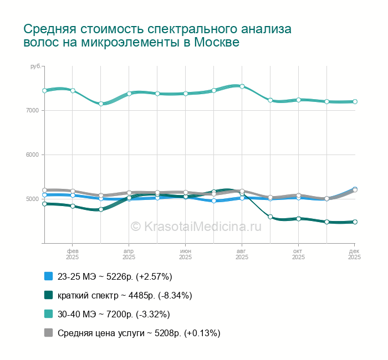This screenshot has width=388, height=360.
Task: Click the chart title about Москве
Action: coord(157,35)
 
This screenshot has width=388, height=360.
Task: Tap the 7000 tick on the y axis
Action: coord(32,111)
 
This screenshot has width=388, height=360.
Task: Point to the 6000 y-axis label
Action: coord(32,155)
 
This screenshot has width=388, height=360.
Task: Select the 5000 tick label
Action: coord(32,199)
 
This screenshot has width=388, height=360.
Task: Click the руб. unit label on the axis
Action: coord(35,66)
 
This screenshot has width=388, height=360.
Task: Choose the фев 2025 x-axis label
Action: coord(72,254)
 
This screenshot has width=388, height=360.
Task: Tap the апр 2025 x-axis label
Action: coord(129,254)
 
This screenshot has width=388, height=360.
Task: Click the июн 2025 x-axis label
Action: coord(185,254)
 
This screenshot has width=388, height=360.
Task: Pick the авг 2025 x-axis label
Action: coord(242,254)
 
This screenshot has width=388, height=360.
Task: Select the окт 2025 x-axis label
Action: coord(298,254)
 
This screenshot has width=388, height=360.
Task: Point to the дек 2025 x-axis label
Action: coord(354,254)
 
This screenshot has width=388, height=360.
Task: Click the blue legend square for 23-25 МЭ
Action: coord(48,276)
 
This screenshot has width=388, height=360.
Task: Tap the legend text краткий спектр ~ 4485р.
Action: coord(125,295)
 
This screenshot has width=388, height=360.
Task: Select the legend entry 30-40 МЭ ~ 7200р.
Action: coord(114,314)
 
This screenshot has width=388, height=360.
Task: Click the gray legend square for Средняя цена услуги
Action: coord(48,333)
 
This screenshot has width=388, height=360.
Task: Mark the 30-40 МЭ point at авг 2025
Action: coord(242,86)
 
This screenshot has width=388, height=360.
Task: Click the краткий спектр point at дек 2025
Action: coord(355,222)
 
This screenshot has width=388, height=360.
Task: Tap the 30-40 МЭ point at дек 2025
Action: coord(355,101)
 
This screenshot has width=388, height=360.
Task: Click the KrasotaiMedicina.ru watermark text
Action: coord(195,226)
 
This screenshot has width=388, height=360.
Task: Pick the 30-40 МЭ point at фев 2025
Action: coord(73,90)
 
